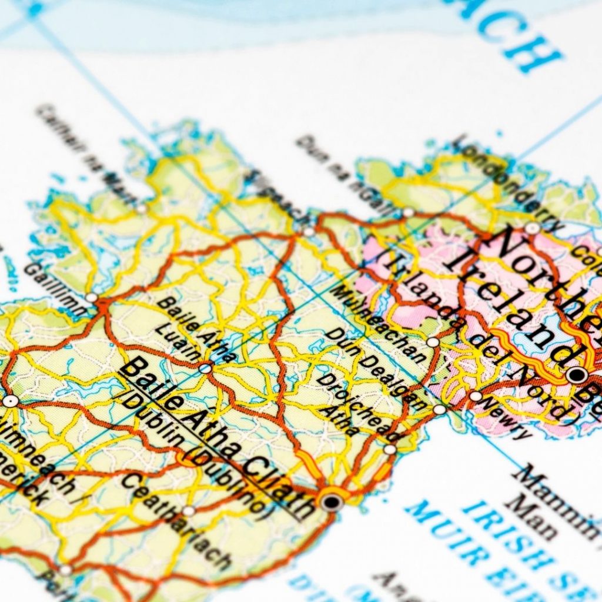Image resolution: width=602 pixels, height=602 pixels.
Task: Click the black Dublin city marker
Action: [332, 502]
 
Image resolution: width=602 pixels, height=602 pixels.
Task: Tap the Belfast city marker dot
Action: [577, 374]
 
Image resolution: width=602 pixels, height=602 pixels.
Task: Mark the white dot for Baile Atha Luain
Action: [205, 369]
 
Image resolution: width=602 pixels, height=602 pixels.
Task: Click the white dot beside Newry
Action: [475, 396]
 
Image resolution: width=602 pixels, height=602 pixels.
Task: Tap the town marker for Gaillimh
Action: [92, 297]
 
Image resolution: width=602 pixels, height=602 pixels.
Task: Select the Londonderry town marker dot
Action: [532, 228]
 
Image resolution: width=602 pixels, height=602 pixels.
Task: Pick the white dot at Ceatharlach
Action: [188, 511]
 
